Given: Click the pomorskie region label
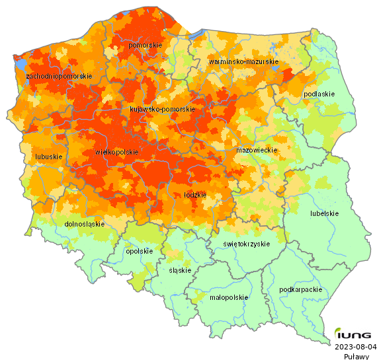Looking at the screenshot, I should pyautogui.click(x=146, y=45).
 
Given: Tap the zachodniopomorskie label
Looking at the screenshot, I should pyautogui.click(x=59, y=77).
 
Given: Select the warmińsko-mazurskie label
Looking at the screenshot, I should pyautogui.click(x=243, y=61).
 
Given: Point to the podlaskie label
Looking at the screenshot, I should pyautogui.click(x=319, y=94).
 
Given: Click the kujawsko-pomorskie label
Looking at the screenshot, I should pyautogui.click(x=162, y=109).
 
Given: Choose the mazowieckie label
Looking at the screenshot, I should pyautogui.click(x=256, y=151).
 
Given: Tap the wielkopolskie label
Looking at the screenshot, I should pyautogui.click(x=117, y=152).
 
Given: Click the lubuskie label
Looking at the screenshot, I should pyautogui.click(x=48, y=157).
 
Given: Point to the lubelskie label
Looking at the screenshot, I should pyautogui.click(x=325, y=213).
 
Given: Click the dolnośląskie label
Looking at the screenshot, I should pyautogui.click(x=85, y=224).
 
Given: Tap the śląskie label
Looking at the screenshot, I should pyautogui.click(x=180, y=270).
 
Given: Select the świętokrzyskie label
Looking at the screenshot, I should pyautogui.click(x=247, y=244).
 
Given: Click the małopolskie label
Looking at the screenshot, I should pyautogui.click(x=229, y=297).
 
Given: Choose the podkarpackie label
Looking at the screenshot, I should pyautogui.click(x=300, y=289).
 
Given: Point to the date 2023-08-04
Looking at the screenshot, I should pyautogui.click(x=355, y=346).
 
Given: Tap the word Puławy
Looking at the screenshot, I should pyautogui.click(x=356, y=355).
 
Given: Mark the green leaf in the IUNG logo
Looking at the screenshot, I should pyautogui.click(x=338, y=332).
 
